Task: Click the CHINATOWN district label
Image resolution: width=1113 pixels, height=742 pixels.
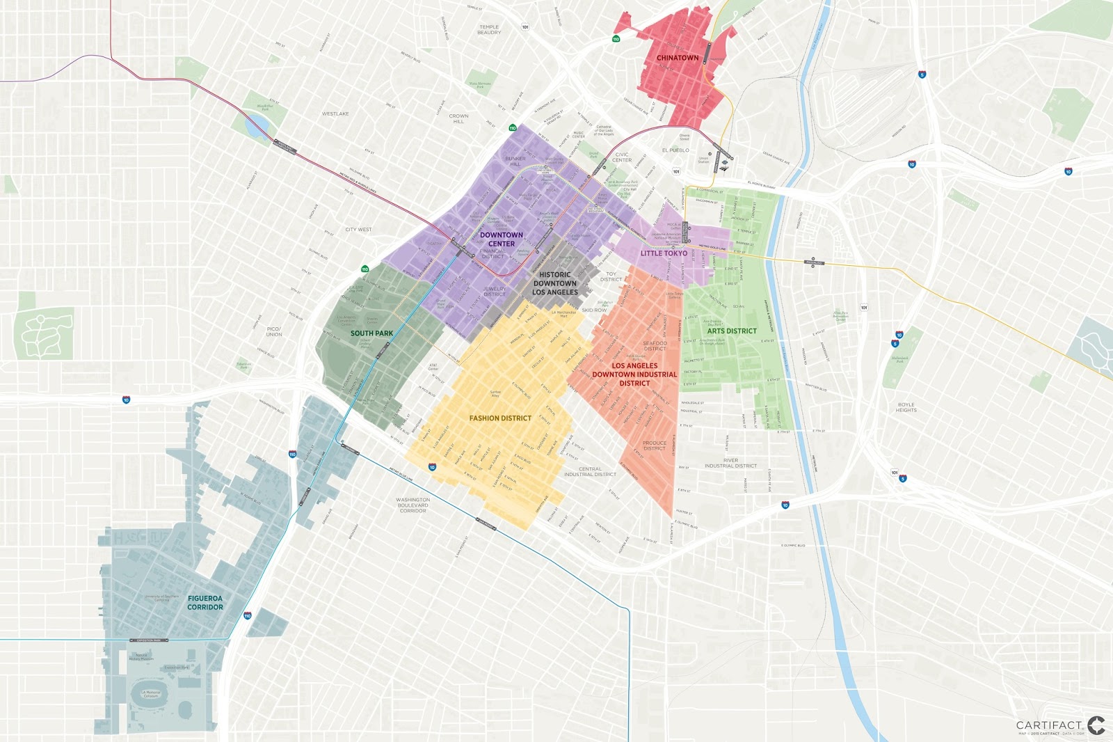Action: coord(677,58)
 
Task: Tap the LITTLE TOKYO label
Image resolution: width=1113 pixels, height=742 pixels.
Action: coord(664,253)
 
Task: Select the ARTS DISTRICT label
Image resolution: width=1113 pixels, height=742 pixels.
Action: coord(732,331)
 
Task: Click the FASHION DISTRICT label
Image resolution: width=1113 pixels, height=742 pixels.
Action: coord(500,418)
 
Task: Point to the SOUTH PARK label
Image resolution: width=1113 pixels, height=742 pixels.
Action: coord(371,333)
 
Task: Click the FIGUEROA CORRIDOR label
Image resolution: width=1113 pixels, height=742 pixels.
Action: coord(205,603)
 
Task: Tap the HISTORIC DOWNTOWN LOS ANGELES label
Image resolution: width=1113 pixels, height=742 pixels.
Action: coord(555,283)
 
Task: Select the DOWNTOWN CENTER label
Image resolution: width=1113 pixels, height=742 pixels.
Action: coord(502,239)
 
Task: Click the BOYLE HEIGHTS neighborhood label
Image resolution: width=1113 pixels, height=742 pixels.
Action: coord(906,407)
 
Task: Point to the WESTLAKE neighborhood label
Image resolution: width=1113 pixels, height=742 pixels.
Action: coord(335,113)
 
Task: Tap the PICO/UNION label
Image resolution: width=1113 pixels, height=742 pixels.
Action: coord(274,331)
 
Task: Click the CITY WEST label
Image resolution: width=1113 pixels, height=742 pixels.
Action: coord(358,229)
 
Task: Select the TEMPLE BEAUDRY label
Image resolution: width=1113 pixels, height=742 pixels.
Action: coord(489,30)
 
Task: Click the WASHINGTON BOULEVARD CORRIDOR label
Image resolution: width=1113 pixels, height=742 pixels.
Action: coord(413,505)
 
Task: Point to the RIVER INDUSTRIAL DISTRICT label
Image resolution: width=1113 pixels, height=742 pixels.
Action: coord(730,463)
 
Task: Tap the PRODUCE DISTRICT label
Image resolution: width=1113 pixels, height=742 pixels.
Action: coord(654,445)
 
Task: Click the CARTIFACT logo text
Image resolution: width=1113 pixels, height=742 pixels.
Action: coord(1049,725)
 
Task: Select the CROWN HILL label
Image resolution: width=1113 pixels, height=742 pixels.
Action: coord(458,118)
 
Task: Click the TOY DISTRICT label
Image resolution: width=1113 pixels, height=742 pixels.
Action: coord(611,276)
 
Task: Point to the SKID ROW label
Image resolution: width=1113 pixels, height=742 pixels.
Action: coord(594,310)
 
